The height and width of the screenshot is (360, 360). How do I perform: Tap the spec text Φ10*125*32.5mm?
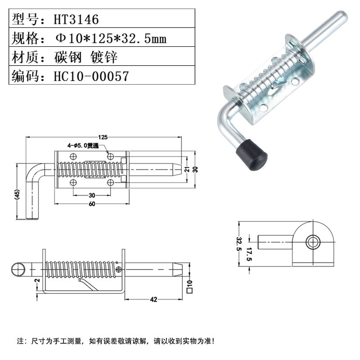tap(111, 38)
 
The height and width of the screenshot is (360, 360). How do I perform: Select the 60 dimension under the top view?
tap(92, 205)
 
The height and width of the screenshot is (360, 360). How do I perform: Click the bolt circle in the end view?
tap(312, 242)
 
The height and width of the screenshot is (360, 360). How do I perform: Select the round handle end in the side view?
tap(19, 269)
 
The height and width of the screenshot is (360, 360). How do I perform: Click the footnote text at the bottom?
tap(116, 340)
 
